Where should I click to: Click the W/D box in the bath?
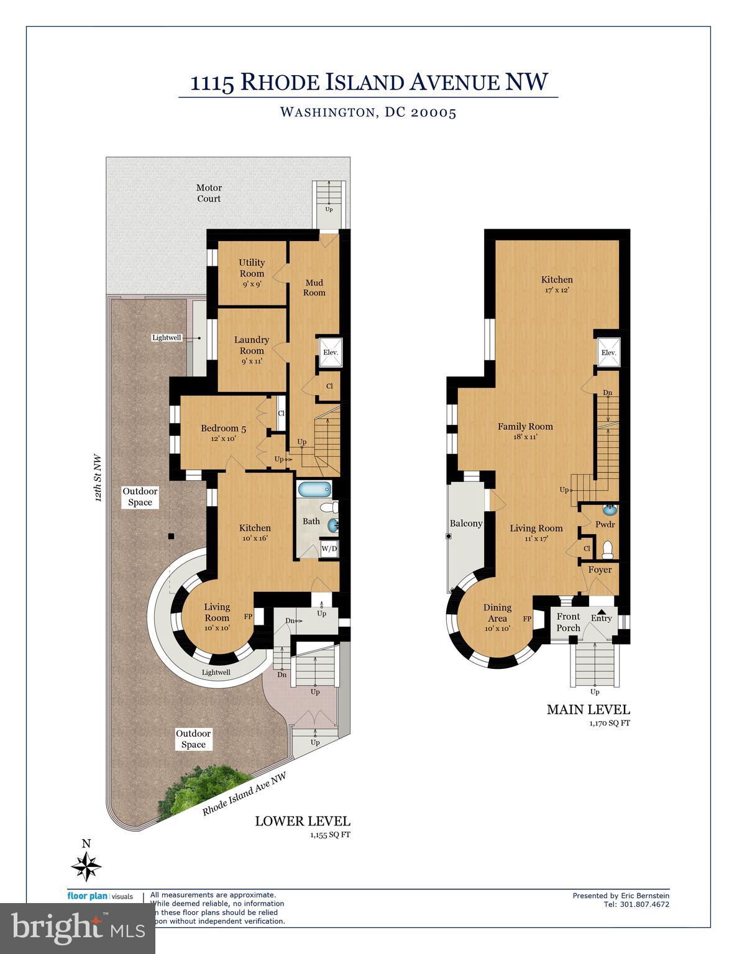tap(329, 548)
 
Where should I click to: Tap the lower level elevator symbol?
tap(329, 352)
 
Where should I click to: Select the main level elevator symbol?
tap(608, 352)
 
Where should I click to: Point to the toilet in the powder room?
tap(608, 549)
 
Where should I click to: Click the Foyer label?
tap(600, 570)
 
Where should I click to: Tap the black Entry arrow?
tap(601, 611)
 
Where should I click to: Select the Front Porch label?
tap(568, 622)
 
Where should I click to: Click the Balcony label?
tap(466, 524)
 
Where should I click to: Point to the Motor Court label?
tap(209, 193)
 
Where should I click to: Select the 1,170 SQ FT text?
tap(609, 723)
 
